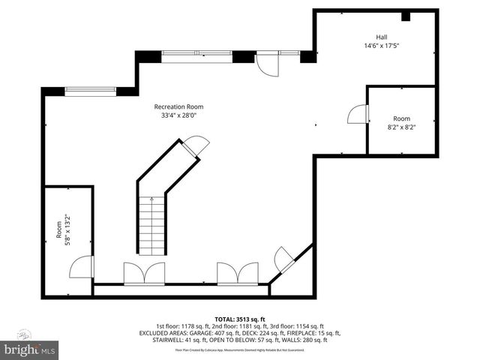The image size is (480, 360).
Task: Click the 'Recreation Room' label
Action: point(178,106)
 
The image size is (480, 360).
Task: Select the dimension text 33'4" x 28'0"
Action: point(178,115)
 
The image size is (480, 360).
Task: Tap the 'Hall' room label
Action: point(382,37)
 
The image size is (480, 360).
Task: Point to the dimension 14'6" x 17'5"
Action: point(382,45)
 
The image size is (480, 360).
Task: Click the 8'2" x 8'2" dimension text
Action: point(401,127)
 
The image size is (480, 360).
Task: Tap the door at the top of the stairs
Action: point(196,145)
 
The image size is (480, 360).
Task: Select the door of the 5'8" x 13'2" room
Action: point(82,268)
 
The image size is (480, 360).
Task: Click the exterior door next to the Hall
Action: point(265,64)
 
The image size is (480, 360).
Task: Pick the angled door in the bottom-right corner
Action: point(286,259)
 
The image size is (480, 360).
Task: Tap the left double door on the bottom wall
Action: point(144,273)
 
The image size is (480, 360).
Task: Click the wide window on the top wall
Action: point(196,56)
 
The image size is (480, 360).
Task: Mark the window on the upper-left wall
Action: point(89,91)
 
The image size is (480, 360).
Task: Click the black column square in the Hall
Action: point(406,16)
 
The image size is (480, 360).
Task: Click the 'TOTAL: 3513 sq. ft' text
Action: point(239,318)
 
